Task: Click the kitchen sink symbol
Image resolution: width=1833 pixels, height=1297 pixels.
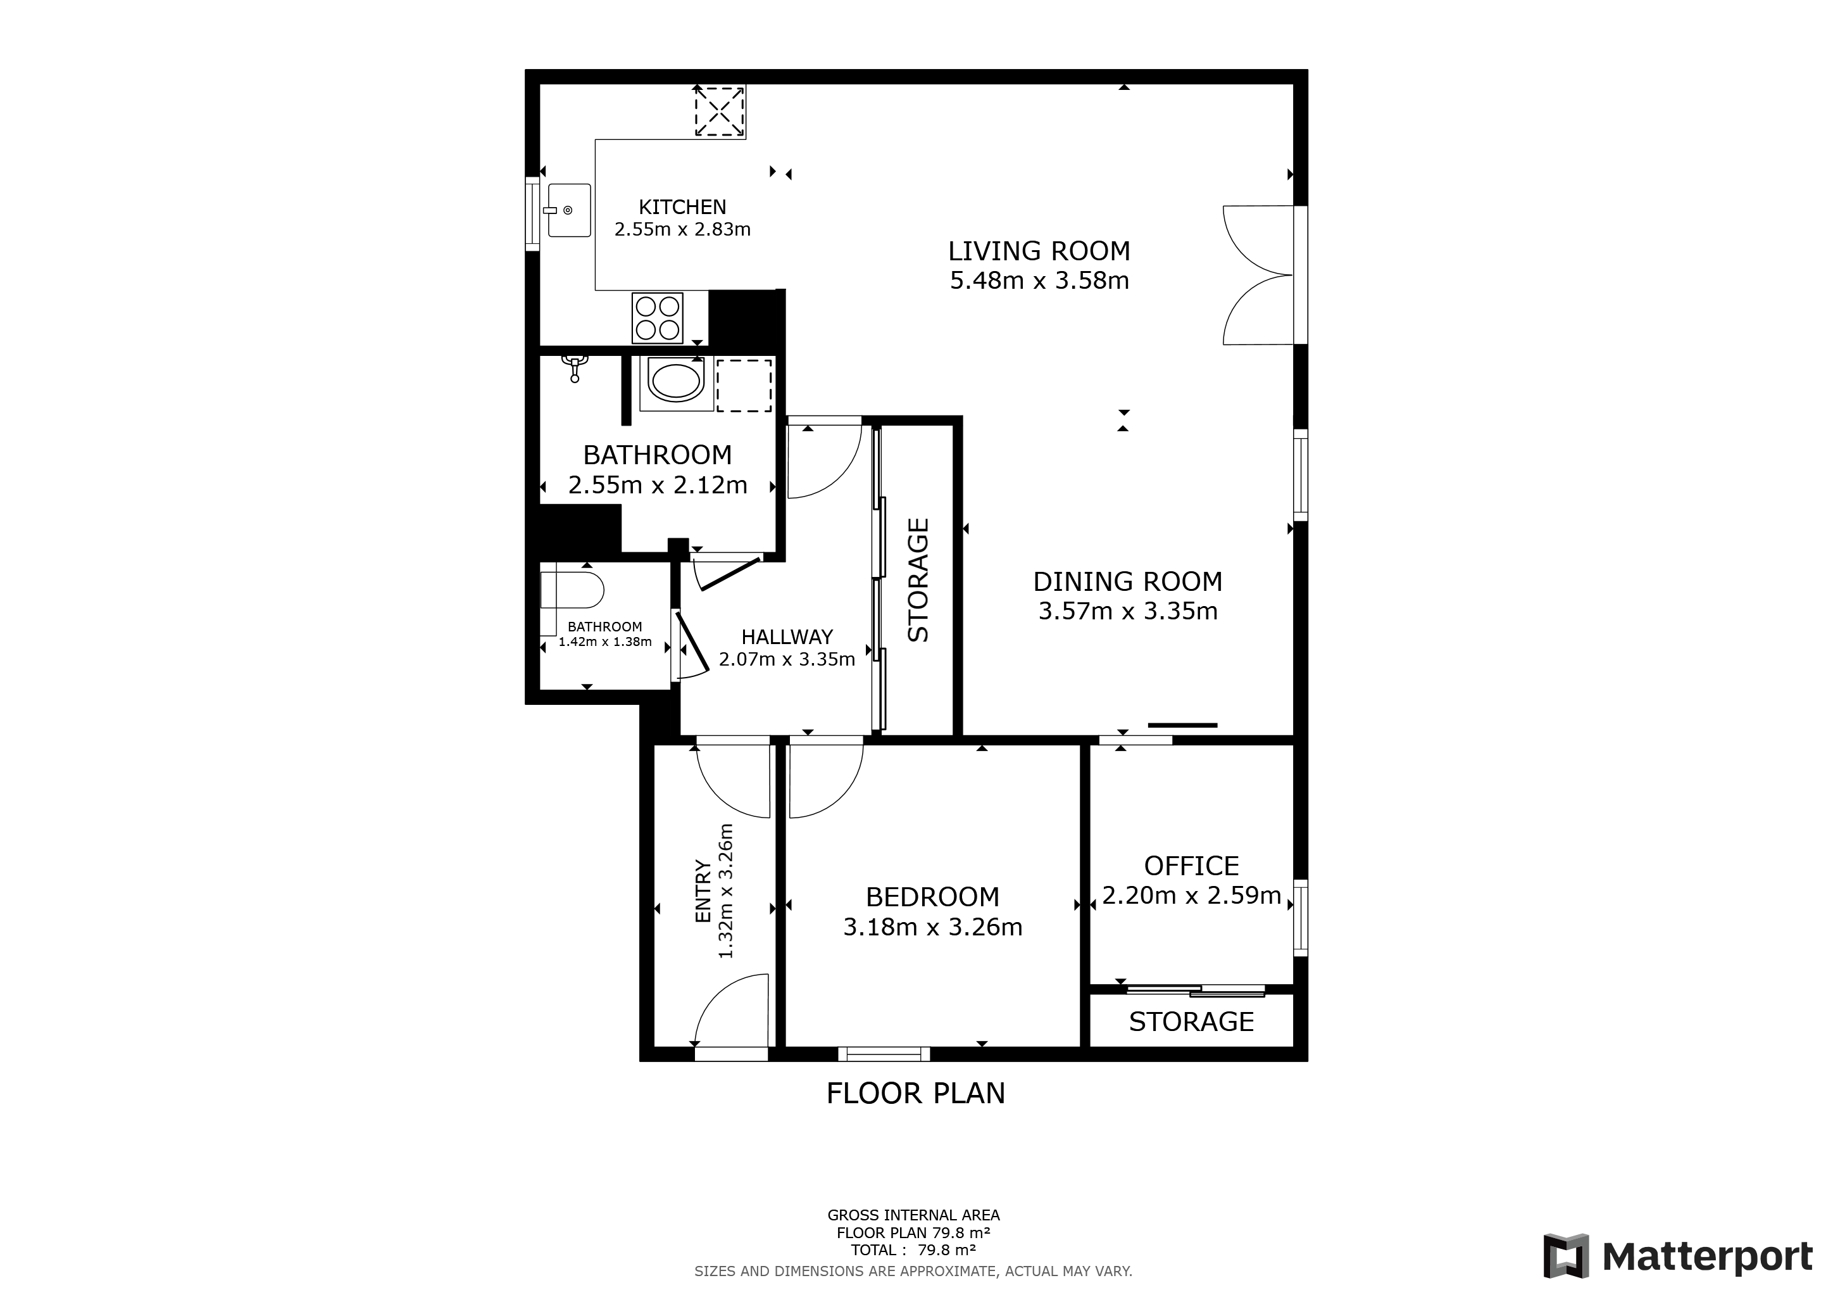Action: pos(568,210)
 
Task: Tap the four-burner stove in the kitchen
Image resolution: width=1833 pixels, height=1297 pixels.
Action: pos(657,318)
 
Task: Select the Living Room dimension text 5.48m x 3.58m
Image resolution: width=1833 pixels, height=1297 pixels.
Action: pos(1039,281)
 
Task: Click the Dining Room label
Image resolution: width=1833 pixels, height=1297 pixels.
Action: pos(1127,581)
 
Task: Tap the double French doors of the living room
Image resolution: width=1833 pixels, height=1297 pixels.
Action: pos(1258,275)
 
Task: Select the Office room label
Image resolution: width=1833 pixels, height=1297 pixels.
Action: pos(1191,866)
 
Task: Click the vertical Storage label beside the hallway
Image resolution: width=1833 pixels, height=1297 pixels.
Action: pos(919,580)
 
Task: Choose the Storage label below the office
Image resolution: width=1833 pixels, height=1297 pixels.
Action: pos(1191,1022)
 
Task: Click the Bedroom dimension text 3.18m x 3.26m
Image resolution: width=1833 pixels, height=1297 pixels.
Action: pos(932,927)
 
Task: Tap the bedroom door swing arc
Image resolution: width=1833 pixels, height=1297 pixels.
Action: pos(826,781)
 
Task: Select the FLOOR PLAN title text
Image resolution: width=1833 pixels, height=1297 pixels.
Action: pos(916,1093)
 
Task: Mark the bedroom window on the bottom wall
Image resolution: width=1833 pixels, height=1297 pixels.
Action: pos(884,1054)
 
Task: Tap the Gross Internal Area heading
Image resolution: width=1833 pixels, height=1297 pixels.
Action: pos(913,1215)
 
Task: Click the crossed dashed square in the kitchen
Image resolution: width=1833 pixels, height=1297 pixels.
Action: pos(718,111)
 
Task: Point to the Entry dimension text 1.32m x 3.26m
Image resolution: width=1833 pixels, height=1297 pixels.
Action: pos(726,890)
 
